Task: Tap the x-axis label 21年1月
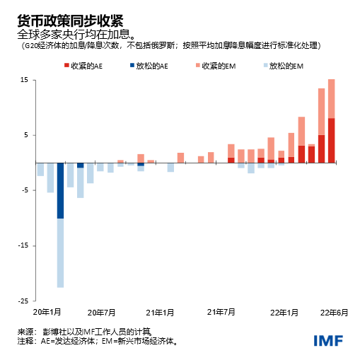tap(161, 312)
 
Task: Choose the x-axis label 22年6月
tap(332, 312)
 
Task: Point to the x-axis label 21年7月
tap(221, 312)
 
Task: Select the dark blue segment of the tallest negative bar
tap(60, 190)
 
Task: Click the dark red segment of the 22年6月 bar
tap(332, 140)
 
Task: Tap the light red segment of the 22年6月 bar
tap(332, 98)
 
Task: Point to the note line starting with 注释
tap(97, 341)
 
